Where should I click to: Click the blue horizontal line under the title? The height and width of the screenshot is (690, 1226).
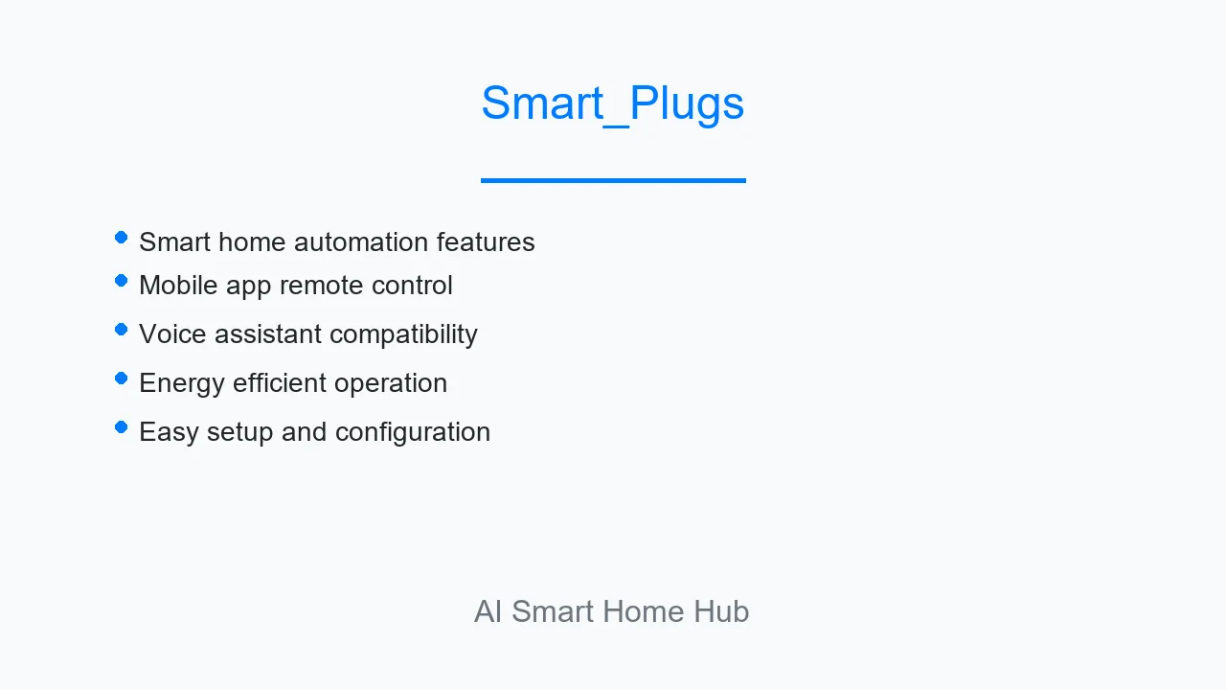(613, 180)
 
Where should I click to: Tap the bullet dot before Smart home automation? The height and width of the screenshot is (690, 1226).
(121, 238)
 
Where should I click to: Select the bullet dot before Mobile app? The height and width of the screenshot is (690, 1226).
(121, 281)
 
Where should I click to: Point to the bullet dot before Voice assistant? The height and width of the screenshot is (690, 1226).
(121, 330)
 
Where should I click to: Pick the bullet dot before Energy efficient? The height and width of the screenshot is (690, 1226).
(121, 379)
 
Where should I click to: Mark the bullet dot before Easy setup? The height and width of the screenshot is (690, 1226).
(121, 427)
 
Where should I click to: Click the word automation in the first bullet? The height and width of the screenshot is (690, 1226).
(361, 242)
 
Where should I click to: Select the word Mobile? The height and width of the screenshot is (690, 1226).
(178, 285)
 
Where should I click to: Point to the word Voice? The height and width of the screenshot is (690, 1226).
(172, 334)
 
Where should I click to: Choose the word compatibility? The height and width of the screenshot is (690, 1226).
(404, 334)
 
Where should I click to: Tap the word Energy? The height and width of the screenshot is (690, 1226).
(182, 383)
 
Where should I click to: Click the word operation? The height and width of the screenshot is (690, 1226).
(391, 383)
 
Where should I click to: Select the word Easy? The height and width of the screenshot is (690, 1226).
(169, 432)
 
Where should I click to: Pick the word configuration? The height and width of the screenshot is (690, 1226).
(413, 432)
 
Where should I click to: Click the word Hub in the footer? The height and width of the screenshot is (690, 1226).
(721, 611)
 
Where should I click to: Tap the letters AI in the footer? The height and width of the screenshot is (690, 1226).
(488, 611)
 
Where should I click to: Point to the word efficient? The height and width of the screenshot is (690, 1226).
(280, 382)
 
